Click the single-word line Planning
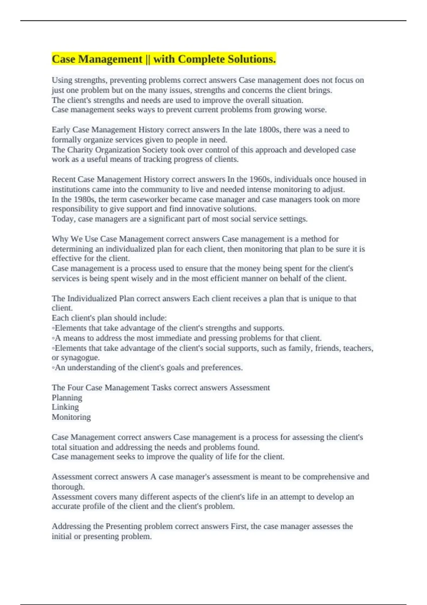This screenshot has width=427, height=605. (67, 398)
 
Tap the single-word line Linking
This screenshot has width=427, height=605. (65, 407)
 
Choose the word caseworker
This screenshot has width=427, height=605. (149, 199)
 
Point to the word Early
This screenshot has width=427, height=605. (61, 130)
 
